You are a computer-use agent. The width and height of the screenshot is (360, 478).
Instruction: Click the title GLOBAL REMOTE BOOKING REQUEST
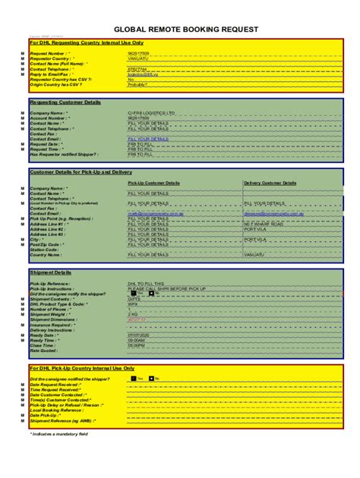(180, 29)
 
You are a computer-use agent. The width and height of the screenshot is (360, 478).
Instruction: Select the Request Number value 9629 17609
(138, 53)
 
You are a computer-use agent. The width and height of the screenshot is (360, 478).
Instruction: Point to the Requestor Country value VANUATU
(137, 58)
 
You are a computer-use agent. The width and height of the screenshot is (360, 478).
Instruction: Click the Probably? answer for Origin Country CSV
(137, 85)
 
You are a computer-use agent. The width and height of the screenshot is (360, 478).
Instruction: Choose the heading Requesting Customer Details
(65, 102)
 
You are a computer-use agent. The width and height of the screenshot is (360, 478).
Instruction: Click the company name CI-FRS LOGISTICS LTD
(151, 113)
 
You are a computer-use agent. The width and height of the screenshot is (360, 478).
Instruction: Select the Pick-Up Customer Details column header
(153, 183)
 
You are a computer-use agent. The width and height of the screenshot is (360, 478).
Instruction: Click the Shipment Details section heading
(51, 272)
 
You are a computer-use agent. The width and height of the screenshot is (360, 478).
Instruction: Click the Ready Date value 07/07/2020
(139, 335)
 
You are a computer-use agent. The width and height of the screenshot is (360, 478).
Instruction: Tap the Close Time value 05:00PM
(137, 345)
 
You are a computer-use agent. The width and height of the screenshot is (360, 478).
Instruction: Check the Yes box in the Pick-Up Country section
(133, 378)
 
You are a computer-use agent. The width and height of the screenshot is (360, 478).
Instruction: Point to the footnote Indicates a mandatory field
(61, 433)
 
